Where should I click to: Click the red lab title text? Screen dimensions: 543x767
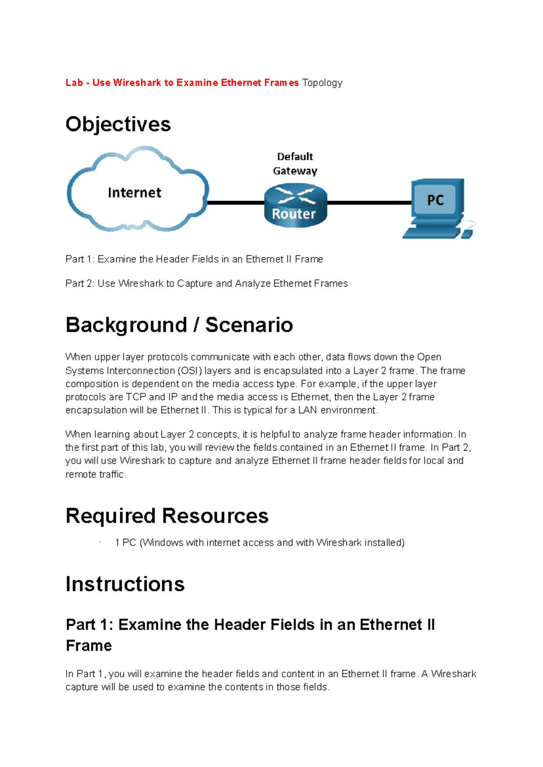(x=182, y=82)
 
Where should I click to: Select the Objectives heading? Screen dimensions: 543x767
(x=118, y=125)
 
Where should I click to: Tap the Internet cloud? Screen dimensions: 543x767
(x=138, y=189)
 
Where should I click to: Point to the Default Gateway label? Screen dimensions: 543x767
(x=295, y=163)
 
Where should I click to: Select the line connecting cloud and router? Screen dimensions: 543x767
(x=236, y=203)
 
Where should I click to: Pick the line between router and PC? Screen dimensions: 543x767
(x=370, y=203)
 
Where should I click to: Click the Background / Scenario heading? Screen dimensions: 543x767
(x=179, y=325)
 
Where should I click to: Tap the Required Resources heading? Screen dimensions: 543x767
(x=167, y=516)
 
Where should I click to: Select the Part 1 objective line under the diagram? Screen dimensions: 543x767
(x=194, y=259)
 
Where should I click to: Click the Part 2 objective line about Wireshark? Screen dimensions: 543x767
(x=207, y=283)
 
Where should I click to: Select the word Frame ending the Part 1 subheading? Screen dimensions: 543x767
(x=89, y=646)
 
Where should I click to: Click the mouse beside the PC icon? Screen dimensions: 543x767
(x=467, y=231)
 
